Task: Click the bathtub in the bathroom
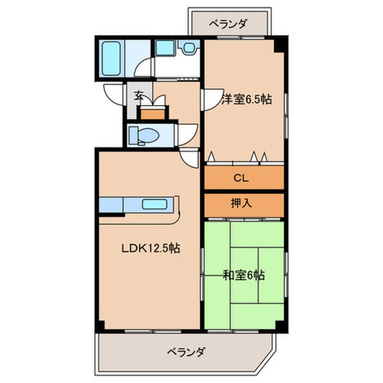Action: (x=110, y=59)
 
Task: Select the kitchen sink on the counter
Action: (x=155, y=204)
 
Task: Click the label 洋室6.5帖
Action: (x=247, y=100)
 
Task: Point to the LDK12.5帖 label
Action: (x=151, y=248)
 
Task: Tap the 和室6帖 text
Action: (x=244, y=275)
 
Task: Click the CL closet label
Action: (x=240, y=178)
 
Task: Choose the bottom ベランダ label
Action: (x=187, y=352)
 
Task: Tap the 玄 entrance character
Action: (x=139, y=96)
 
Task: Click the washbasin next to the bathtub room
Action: (x=164, y=47)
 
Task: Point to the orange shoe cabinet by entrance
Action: (x=152, y=113)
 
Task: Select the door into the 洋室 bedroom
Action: (x=210, y=99)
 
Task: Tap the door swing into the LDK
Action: (x=189, y=158)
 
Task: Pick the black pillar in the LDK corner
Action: (x=101, y=325)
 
